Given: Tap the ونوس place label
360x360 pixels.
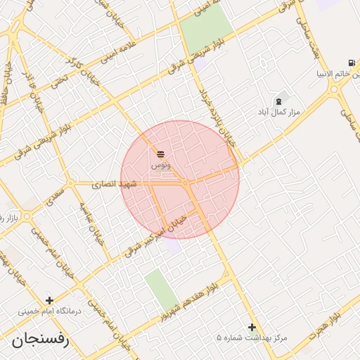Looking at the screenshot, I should tap(160, 164).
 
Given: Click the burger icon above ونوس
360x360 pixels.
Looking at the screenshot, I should tap(161, 153).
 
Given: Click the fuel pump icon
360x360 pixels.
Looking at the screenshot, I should tap(351, 63).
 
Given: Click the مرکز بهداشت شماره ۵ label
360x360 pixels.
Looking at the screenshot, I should tap(252, 338).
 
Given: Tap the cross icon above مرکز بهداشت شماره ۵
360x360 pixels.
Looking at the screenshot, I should tap(252, 327).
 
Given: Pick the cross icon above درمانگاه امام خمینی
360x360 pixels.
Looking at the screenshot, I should tap(49, 300).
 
